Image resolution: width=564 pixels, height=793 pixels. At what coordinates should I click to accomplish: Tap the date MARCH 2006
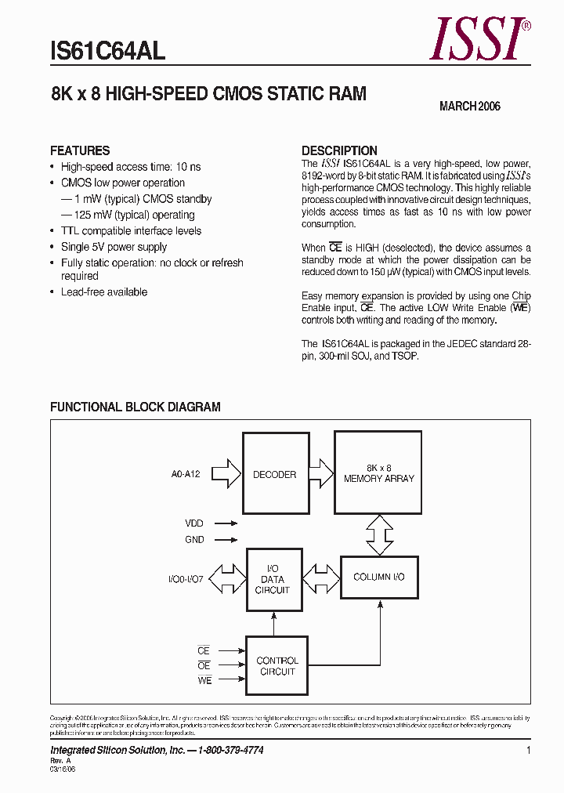469,107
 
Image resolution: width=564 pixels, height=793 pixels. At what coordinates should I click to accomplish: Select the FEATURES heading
80,150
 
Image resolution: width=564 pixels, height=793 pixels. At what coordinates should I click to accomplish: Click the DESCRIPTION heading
339,150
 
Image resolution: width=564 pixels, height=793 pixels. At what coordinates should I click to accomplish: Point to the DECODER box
274,474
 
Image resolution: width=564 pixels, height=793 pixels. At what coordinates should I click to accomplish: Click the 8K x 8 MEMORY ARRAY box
379,473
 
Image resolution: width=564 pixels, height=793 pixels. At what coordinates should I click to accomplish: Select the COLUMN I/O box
379,578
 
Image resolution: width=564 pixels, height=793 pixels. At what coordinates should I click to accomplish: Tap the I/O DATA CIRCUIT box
273,580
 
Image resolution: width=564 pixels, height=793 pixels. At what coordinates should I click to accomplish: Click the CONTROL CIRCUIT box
277,666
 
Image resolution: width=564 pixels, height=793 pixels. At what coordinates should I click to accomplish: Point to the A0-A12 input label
186,474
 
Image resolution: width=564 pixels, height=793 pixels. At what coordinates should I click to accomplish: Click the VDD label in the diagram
194,523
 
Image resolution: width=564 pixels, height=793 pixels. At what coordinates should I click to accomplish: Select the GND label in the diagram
194,540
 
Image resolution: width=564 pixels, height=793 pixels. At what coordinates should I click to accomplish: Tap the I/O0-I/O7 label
185,579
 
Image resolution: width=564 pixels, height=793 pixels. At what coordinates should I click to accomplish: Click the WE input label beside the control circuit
204,681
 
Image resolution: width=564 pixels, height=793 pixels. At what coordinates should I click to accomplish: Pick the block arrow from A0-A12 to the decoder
227,474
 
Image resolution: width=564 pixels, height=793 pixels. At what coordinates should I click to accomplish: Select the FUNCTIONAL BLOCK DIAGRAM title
136,407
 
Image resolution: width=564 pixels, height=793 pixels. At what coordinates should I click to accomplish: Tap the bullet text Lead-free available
104,291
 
